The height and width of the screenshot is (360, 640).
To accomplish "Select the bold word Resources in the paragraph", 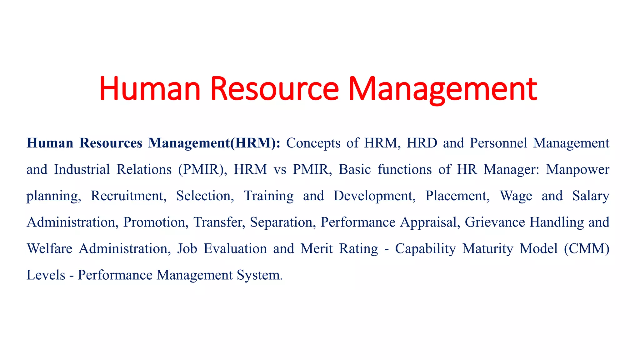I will pos(111,143).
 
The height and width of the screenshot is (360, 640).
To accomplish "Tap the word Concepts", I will pos(313,143).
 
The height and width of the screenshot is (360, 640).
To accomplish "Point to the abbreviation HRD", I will pos(417,143).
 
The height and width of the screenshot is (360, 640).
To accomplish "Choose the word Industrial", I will pos(82,169).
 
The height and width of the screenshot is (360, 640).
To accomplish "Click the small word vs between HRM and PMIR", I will pos(280,169).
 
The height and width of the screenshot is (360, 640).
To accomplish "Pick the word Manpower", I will pos(578,169).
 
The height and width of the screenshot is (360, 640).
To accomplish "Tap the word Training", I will pos(269,196).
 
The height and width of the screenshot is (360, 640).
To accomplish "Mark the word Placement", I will pos(457,196).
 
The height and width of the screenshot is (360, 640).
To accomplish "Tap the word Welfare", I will pos(50,249).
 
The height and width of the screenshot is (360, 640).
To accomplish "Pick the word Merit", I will pos(317,249).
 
